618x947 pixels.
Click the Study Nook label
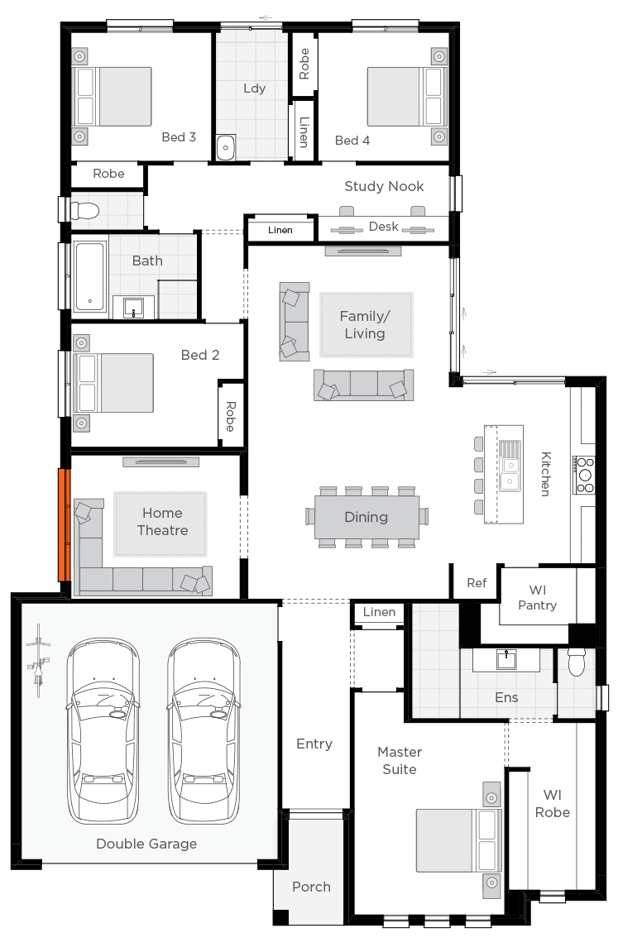(384, 187)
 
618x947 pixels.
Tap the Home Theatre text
(162, 522)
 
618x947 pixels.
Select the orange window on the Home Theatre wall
(61, 524)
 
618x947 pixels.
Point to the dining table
(366, 517)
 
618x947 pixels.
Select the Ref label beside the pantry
(477, 583)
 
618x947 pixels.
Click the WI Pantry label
(537, 598)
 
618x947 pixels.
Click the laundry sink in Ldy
(226, 147)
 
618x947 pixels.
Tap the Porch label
(311, 887)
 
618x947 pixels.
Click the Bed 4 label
(352, 141)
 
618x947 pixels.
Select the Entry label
(314, 744)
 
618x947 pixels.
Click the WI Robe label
(552, 804)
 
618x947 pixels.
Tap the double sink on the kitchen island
(510, 467)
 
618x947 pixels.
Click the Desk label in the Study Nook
(383, 227)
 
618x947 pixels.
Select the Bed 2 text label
(200, 355)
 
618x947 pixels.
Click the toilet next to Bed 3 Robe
(84, 212)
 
